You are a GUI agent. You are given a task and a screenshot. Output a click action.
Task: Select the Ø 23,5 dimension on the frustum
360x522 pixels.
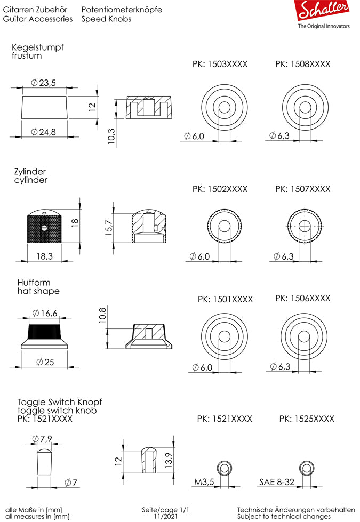coord(44,83)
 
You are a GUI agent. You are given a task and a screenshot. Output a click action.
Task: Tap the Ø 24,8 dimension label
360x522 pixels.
coord(44,132)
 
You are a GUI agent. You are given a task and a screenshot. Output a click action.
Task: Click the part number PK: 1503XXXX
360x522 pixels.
coord(220,64)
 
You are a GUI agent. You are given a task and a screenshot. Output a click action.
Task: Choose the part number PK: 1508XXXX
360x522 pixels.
coord(302,64)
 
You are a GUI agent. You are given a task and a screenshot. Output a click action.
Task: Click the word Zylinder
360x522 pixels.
coord(30,172)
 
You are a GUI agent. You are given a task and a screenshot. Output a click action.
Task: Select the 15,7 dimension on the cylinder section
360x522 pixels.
coord(109,228)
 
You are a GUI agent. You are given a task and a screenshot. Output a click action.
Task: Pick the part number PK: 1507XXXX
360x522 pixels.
coord(302,189)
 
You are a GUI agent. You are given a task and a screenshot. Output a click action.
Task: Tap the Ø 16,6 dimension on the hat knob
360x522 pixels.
coord(44,313)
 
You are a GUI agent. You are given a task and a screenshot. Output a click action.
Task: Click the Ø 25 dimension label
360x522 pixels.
coord(45,362)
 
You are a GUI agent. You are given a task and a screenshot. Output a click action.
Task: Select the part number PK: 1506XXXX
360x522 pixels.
coord(302,298)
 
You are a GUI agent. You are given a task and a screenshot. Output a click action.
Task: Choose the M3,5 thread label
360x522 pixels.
coord(204,482)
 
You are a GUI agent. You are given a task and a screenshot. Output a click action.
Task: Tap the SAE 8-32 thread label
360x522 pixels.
coord(277,482)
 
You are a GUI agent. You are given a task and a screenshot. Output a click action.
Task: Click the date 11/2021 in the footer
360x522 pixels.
coord(165,516)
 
